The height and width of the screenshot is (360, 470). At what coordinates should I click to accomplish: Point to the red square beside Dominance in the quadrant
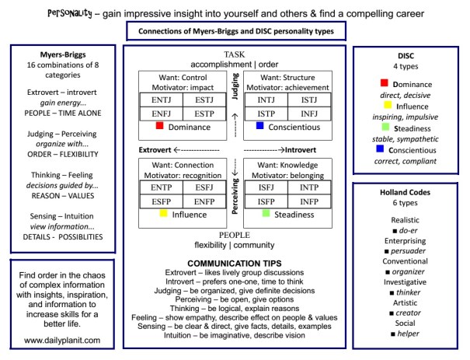158,124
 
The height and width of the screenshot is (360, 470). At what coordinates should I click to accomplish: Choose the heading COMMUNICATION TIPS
234,263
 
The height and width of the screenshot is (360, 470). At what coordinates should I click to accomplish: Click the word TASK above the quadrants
234,54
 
